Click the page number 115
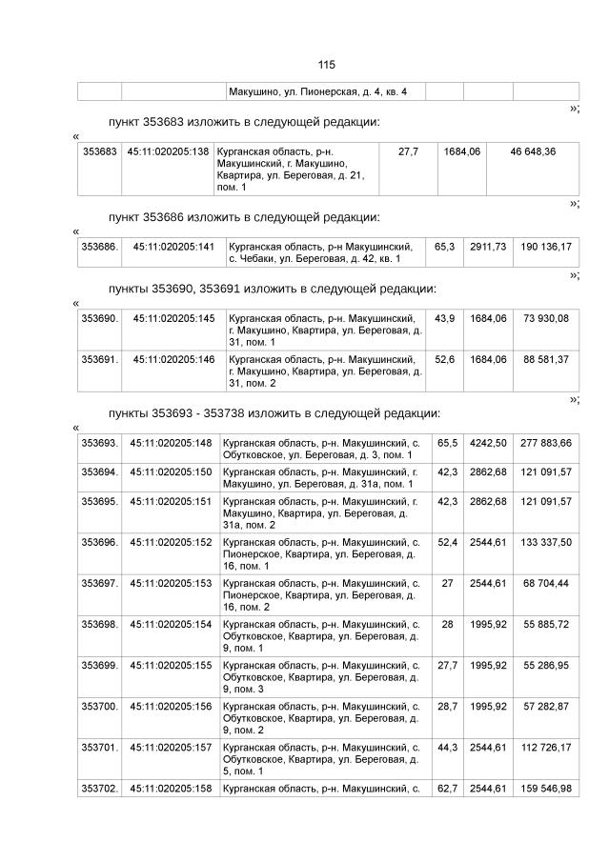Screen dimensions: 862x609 click(326, 65)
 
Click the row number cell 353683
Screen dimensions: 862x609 click(100, 152)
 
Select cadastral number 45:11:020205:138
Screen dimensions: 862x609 click(168, 152)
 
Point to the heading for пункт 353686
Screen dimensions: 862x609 click(244, 217)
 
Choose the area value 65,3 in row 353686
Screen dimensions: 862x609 click(444, 247)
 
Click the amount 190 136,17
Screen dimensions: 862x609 click(546, 247)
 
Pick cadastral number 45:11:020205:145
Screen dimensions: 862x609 click(173, 318)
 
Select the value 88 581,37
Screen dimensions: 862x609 click(546, 359)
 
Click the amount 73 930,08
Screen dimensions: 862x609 click(546, 318)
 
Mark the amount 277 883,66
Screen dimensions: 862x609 click(546, 443)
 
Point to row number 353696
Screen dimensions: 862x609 click(100, 542)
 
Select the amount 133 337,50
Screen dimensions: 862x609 click(546, 542)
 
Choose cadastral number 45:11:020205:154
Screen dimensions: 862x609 click(171, 624)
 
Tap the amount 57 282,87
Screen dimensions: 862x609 click(546, 706)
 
